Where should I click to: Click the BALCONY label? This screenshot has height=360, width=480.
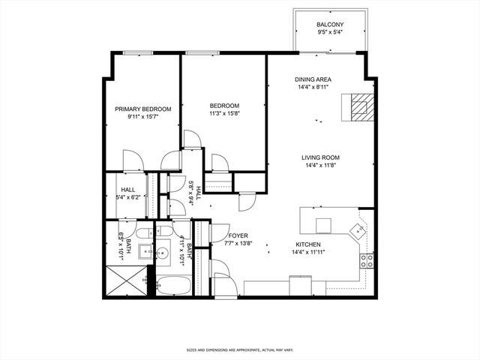click(x=330, y=25)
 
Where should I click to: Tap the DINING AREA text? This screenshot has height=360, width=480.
click(x=313, y=79)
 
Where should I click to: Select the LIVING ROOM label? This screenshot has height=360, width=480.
click(x=321, y=157)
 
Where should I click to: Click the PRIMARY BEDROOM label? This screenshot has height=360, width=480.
click(x=142, y=109)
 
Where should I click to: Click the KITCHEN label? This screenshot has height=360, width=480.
click(x=307, y=244)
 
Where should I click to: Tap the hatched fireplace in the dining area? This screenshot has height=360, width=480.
click(x=357, y=106)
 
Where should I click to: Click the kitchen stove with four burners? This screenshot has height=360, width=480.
click(x=367, y=260)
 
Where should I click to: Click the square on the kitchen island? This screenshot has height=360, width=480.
click(x=323, y=225)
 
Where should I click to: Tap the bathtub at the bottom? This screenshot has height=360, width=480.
click(x=176, y=286)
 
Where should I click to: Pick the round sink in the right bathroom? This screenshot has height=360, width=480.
click(x=163, y=230)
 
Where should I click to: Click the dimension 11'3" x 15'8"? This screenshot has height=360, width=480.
click(x=223, y=114)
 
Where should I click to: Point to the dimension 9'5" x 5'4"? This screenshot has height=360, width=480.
click(x=330, y=33)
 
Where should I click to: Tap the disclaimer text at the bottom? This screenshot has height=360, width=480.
click(x=240, y=349)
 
